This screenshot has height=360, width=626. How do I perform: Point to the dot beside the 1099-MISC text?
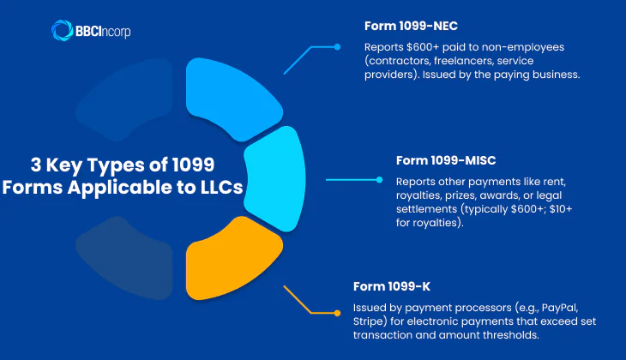point(378,180)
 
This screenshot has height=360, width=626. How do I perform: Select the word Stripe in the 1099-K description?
point(370,321)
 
